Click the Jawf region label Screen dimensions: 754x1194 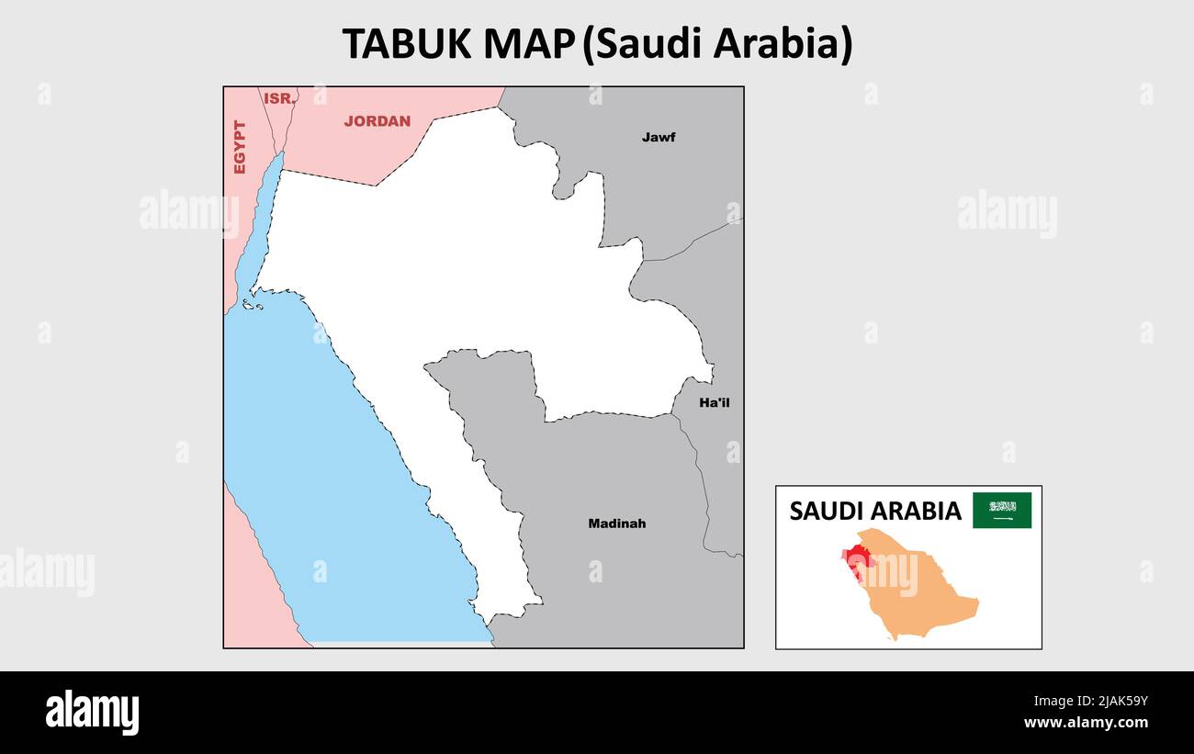[x=659, y=138]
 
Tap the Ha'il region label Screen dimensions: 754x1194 [x=715, y=402]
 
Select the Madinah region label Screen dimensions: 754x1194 [x=616, y=523]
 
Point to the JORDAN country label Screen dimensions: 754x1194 [x=377, y=121]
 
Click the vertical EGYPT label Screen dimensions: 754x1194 [x=240, y=147]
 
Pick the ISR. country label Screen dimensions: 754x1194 [x=279, y=98]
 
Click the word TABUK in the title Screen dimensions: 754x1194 [x=407, y=44]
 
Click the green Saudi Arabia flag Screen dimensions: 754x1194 [x=1002, y=511]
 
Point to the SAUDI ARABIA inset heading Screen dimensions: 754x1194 [x=875, y=512]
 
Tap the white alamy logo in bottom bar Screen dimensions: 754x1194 [x=92, y=713]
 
